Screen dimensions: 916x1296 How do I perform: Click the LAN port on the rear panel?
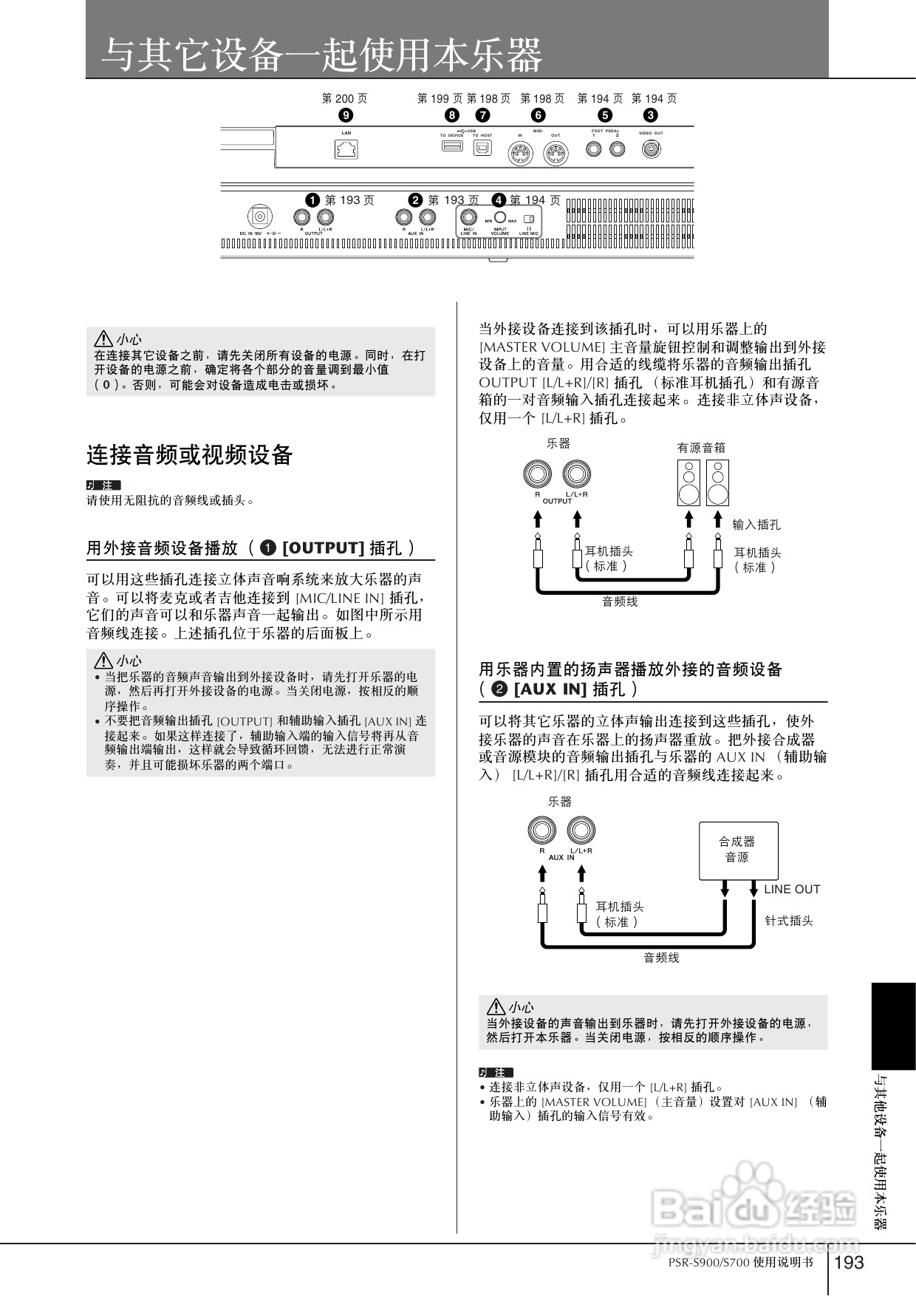[346, 149]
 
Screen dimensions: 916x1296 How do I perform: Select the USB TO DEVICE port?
[452, 146]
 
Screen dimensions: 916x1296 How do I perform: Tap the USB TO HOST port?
[482, 148]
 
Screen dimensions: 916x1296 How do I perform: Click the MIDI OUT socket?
[555, 154]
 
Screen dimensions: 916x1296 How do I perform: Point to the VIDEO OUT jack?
[651, 149]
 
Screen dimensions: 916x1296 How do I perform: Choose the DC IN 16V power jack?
[259, 217]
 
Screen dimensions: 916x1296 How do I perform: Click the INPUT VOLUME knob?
[500, 217]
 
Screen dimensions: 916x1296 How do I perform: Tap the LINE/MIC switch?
[528, 219]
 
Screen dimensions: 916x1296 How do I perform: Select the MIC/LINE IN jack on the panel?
[468, 217]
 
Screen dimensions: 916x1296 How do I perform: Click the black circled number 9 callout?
[345, 115]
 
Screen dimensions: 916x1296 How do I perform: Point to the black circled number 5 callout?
[605, 115]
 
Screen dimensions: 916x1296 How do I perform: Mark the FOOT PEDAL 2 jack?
[617, 149]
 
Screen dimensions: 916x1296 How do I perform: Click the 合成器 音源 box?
[738, 850]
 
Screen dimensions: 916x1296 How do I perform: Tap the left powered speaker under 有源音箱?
[688, 482]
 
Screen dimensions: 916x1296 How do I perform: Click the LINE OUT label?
[792, 890]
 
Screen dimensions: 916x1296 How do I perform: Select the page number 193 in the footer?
[849, 1262]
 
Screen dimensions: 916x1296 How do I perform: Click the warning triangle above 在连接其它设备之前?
[103, 339]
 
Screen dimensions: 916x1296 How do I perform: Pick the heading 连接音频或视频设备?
[190, 455]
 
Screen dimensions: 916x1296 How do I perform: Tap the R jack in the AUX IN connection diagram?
[541, 831]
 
